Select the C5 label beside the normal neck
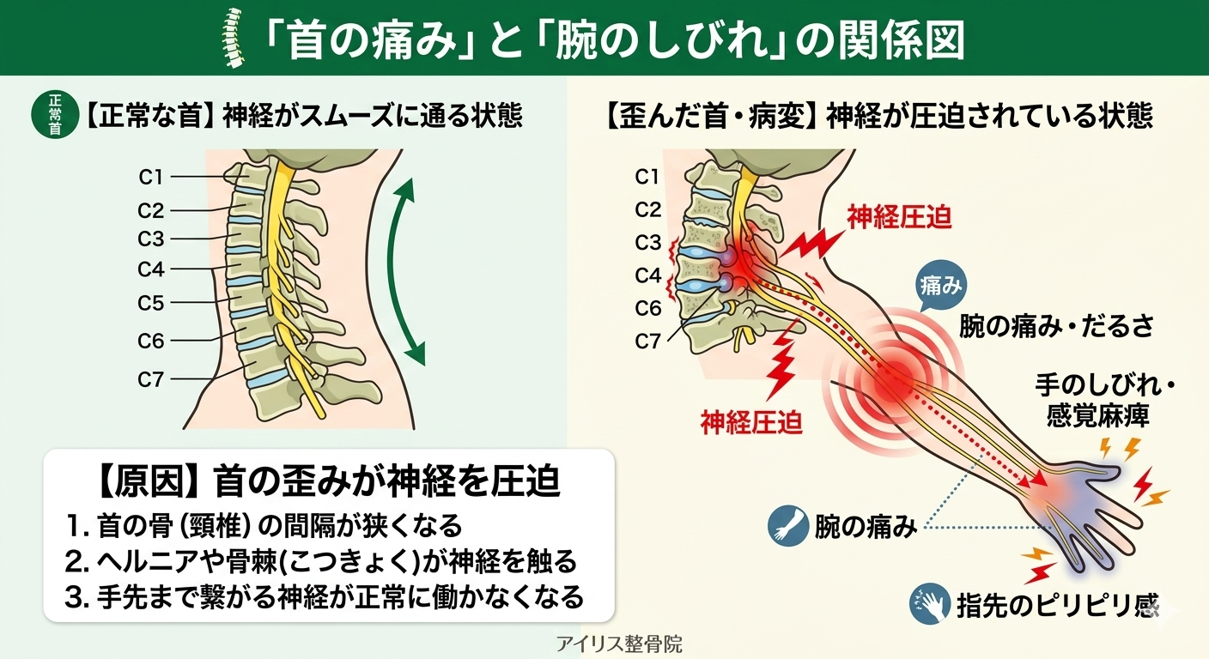151,303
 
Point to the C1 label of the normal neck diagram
151,178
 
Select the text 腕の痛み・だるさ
1055,326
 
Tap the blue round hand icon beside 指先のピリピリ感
929,602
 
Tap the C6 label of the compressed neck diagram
648,308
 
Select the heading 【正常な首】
149,117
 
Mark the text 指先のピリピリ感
1057,604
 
